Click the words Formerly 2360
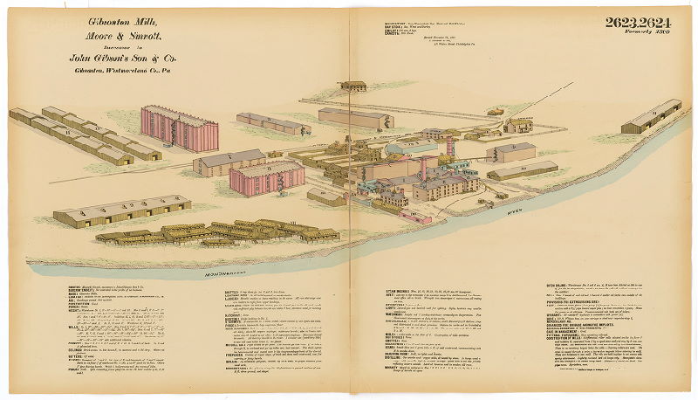click(x=651, y=33)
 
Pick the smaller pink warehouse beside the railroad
click(x=267, y=178)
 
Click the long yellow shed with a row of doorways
click(x=121, y=212)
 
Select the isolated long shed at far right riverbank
click(x=652, y=116)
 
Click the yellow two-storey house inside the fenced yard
click(x=518, y=125)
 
